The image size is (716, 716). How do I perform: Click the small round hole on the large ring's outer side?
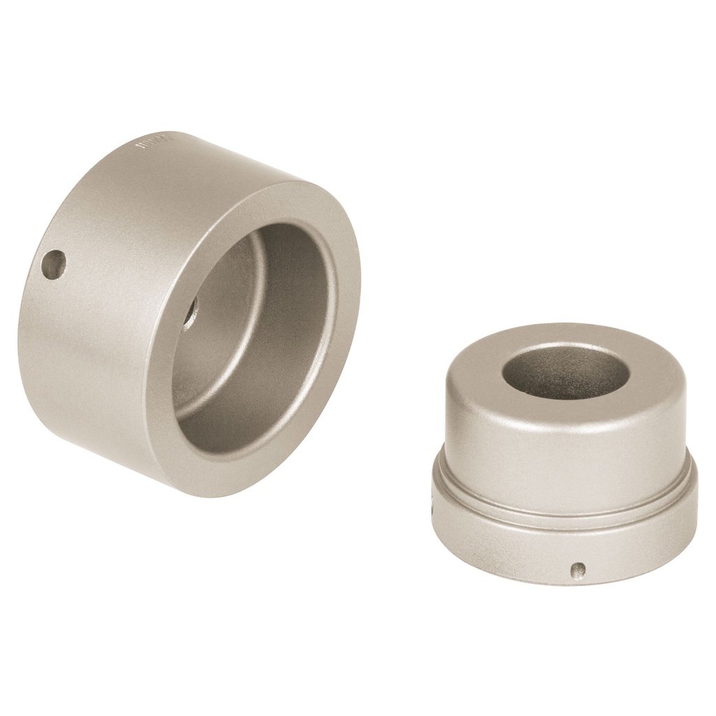53,266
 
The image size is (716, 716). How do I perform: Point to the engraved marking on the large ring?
152,145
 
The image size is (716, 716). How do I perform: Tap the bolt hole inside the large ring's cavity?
191,312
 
